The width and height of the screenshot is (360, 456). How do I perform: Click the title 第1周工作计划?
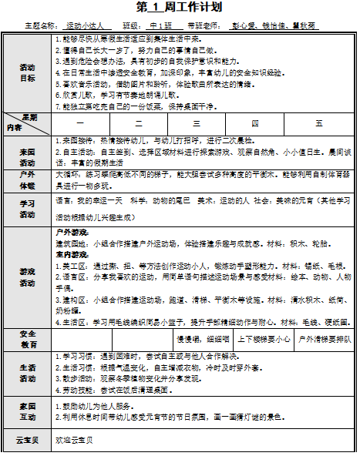pos(179,8)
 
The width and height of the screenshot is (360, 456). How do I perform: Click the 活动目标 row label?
pos(27,72)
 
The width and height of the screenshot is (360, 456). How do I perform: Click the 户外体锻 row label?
pos(27,180)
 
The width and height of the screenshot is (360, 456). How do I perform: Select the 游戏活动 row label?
pos(27,277)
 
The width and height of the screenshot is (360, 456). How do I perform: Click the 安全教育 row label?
pos(27,339)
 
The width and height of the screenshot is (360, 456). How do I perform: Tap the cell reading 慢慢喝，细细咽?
pos(204,339)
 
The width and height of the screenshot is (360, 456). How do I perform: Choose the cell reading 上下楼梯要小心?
pos(264,339)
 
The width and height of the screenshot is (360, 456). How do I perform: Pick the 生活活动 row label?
pos(27,373)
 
